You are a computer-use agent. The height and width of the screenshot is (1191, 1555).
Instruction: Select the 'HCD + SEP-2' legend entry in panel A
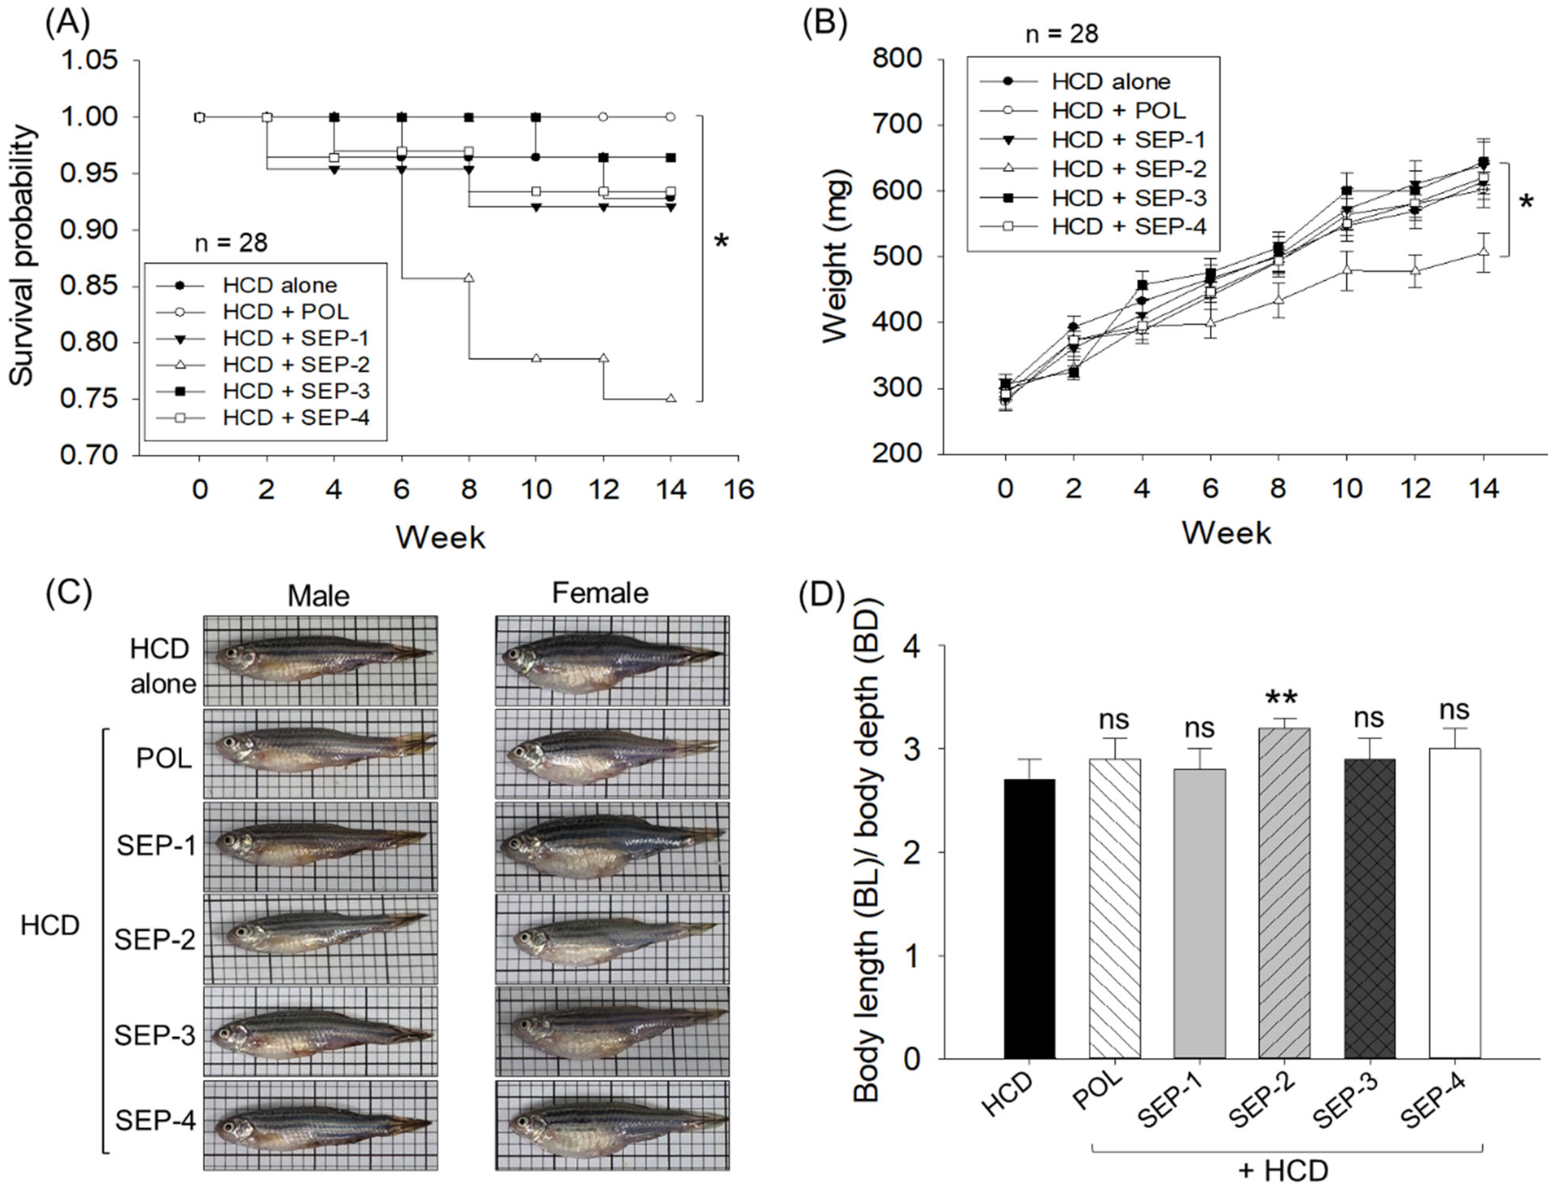(296, 365)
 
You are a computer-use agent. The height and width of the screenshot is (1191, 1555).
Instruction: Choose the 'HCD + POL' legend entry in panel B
(1118, 111)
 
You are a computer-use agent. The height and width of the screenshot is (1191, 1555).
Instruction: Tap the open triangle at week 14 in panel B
(1482, 252)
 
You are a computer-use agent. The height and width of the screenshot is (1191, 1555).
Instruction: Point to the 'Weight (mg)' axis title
(837, 257)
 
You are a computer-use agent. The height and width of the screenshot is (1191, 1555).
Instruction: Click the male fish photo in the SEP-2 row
(320, 939)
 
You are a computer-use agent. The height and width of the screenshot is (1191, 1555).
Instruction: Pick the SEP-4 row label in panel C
(155, 1121)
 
